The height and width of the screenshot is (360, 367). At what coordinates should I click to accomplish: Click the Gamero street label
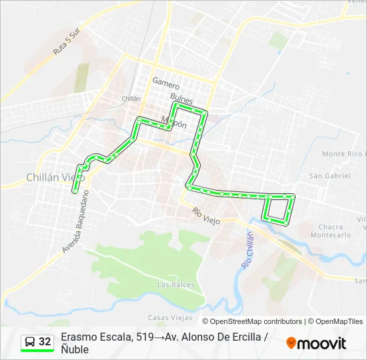(x=166, y=83)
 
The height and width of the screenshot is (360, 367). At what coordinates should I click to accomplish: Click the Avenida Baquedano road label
(x=75, y=221)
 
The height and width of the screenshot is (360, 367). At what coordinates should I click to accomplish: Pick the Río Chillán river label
(x=246, y=249)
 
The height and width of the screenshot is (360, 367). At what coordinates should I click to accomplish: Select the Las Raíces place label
(x=175, y=285)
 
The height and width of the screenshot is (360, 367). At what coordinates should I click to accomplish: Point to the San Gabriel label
(x=329, y=175)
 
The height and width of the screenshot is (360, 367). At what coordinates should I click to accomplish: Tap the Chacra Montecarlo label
(x=331, y=231)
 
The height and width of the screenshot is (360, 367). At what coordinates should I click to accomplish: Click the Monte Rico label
(x=342, y=154)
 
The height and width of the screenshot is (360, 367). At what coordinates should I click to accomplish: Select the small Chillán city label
(x=131, y=98)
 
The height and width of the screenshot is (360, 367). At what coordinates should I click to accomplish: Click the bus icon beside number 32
(x=30, y=342)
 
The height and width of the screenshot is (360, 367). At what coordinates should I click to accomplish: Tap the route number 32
(x=45, y=342)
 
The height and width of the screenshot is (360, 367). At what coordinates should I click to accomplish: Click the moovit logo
(x=316, y=343)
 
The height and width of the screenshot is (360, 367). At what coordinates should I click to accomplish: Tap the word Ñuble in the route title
(x=74, y=349)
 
